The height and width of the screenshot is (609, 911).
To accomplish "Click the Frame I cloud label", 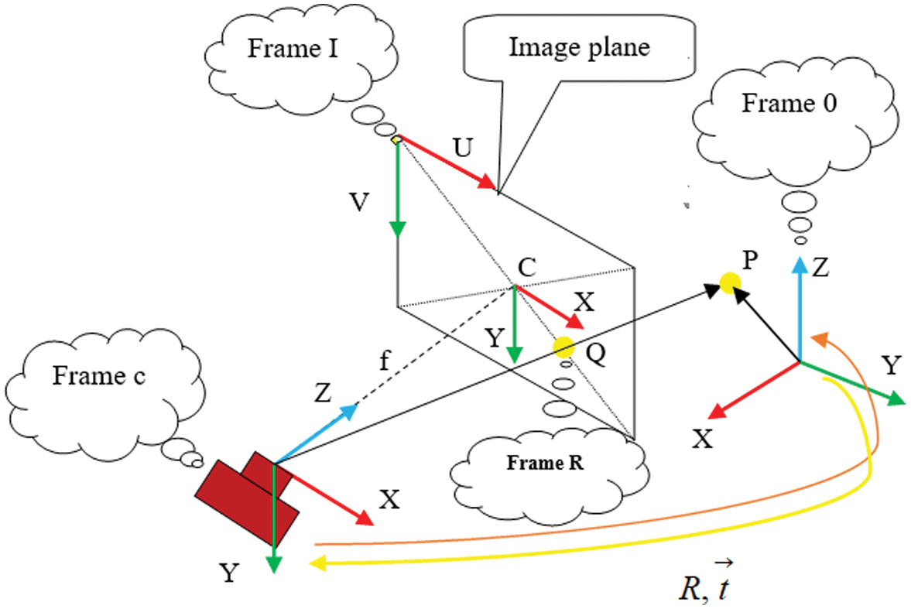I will point(285,48).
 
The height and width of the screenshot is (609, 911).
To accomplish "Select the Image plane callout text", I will point(578,47).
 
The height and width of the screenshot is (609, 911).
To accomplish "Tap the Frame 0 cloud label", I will point(788,104).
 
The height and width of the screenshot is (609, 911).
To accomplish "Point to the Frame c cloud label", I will point(98,376).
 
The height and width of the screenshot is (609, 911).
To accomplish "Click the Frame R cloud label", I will point(545,464).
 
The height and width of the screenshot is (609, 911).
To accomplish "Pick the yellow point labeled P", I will point(728,283).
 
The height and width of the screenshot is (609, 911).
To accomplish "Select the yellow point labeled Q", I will point(563,347).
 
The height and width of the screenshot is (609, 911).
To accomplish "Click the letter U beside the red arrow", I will point(462,148).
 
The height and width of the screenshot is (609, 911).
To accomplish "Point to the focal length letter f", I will point(382,361).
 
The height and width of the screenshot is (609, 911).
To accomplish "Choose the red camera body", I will point(248,498).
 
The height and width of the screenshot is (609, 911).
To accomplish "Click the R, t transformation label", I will point(701,587).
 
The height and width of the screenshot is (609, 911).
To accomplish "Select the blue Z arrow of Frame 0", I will point(799,310).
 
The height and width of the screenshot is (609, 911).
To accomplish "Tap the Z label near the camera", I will point(323,395).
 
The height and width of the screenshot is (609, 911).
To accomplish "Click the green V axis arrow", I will point(397,190).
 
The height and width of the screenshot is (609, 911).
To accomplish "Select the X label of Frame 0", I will point(702,439).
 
